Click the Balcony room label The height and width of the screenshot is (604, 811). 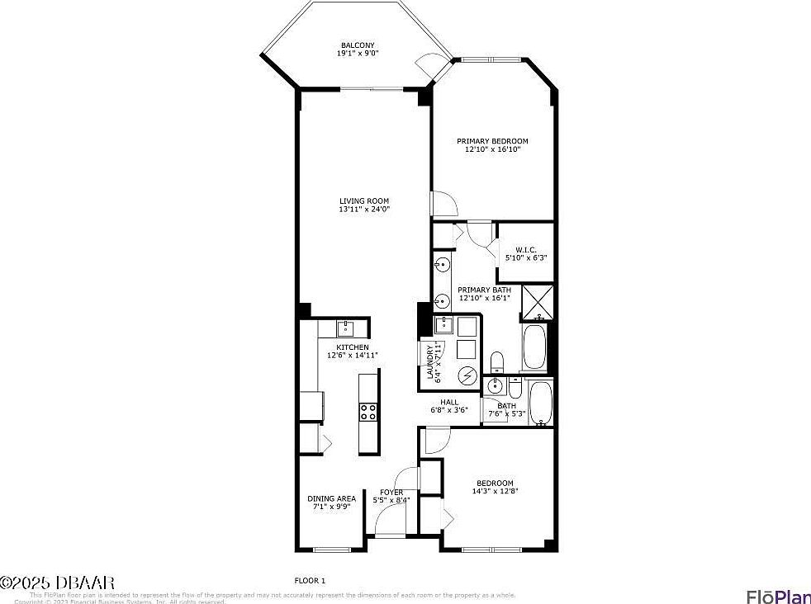(x=358, y=45)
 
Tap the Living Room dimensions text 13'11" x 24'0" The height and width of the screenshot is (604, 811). (x=364, y=210)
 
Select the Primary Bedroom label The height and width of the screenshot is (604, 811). (x=492, y=141)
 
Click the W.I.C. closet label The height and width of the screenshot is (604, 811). (x=526, y=249)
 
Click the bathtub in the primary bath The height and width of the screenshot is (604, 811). (x=534, y=347)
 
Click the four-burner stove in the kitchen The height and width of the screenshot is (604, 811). (x=368, y=412)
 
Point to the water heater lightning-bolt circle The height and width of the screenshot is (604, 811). (x=468, y=375)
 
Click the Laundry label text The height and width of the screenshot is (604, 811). (x=429, y=363)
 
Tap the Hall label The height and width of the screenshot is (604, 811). (x=449, y=403)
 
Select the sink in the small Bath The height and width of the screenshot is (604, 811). (x=496, y=386)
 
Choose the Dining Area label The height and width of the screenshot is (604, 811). (x=331, y=498)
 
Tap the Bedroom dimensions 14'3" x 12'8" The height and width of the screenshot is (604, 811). (x=494, y=492)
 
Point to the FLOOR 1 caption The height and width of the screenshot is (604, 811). (x=311, y=580)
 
